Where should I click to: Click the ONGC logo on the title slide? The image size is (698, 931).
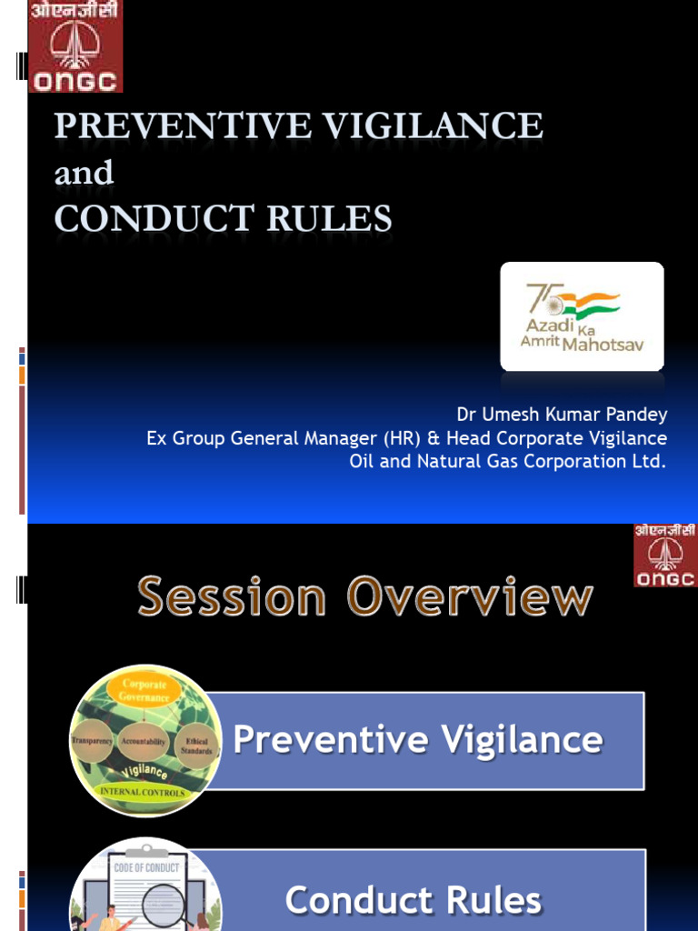pyautogui.click(x=75, y=46)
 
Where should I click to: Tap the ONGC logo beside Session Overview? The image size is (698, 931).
pyautogui.click(x=665, y=556)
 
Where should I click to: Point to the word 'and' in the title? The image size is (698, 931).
pyautogui.click(x=84, y=173)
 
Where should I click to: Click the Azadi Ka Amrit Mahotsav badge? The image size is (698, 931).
pyautogui.click(x=582, y=316)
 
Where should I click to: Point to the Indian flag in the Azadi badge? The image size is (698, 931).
pyautogui.click(x=588, y=303)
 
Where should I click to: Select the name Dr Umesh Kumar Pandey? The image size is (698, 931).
pyautogui.click(x=562, y=415)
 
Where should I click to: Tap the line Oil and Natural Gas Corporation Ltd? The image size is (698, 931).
pyautogui.click(x=507, y=461)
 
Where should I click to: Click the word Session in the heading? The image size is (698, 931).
pyautogui.click(x=232, y=598)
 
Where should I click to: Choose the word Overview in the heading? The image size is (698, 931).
pyautogui.click(x=469, y=598)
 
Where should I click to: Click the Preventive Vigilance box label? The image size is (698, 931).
pyautogui.click(x=417, y=740)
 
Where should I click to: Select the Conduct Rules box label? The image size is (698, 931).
pyautogui.click(x=414, y=900)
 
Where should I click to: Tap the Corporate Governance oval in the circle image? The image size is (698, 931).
pyautogui.click(x=145, y=690)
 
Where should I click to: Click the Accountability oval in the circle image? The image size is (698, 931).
pyautogui.click(x=143, y=741)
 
